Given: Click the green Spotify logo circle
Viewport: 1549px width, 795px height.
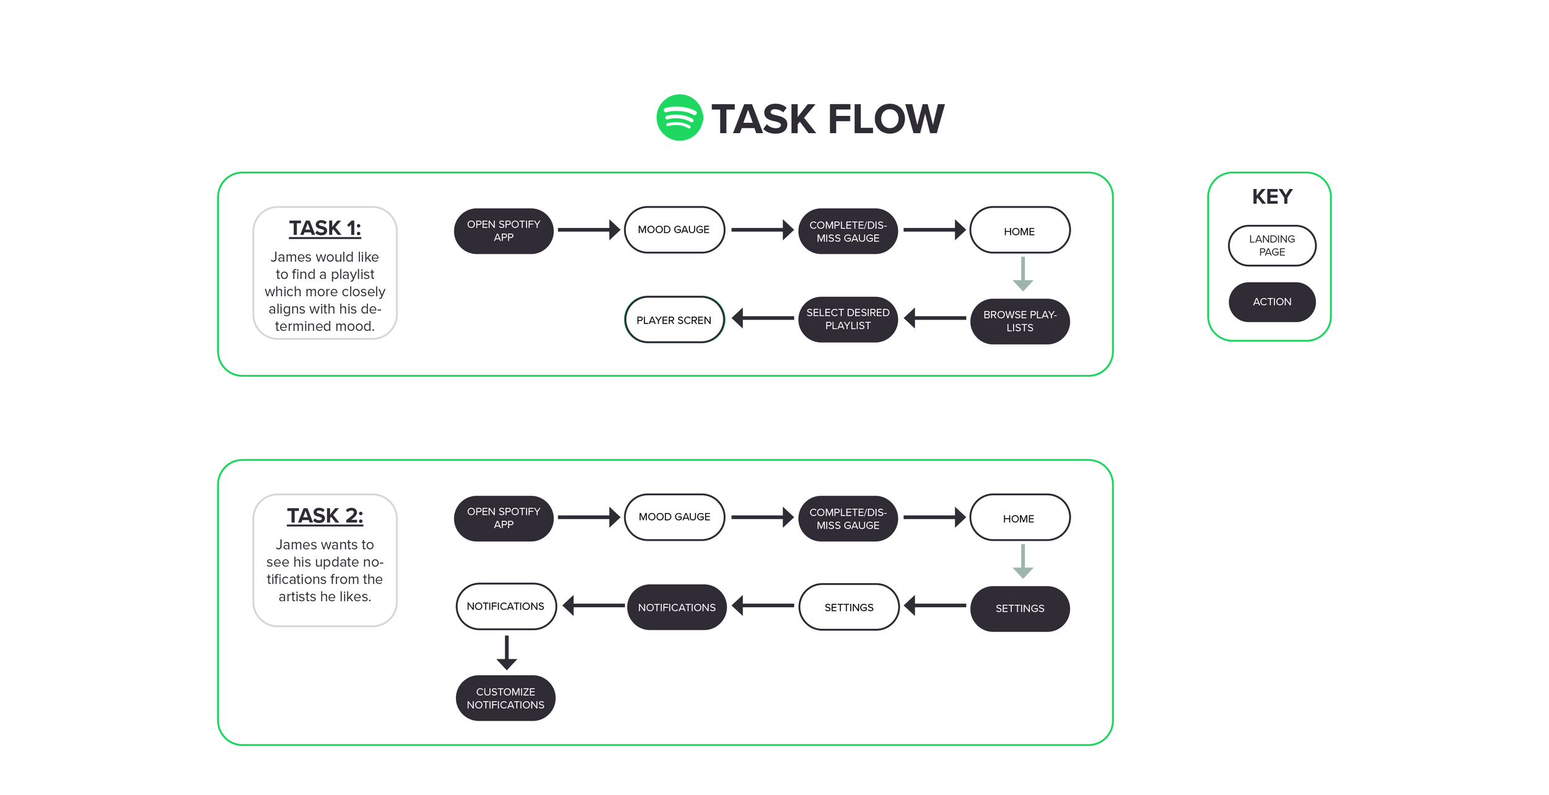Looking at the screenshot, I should click(679, 118).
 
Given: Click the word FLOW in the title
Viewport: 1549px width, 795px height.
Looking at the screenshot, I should click(885, 119).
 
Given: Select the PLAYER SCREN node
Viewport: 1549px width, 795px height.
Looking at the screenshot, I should click(674, 320).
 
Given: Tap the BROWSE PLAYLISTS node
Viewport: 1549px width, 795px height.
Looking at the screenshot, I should click(1019, 321).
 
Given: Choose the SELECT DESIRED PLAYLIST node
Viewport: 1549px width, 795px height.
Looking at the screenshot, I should click(848, 319).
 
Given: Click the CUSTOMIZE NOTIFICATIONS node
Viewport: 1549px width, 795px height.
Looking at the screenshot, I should click(505, 698).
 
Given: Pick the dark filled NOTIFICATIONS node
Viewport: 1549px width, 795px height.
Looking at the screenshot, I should click(677, 607).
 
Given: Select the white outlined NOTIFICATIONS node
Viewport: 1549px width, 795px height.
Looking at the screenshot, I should click(506, 606).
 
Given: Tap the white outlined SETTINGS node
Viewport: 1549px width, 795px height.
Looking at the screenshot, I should click(848, 607).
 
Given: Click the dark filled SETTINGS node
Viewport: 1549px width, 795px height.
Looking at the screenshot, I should click(1019, 608).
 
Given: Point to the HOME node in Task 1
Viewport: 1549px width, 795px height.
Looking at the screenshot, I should click(1019, 231).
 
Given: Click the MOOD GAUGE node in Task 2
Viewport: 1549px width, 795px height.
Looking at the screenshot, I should click(674, 517).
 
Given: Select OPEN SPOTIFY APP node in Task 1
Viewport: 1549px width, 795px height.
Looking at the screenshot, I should click(503, 231).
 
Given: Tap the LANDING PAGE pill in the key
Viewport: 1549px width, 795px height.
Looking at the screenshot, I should click(1271, 245).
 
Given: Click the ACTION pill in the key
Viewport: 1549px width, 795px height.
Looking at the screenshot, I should click(1271, 302).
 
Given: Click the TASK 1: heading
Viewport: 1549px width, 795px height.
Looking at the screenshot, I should click(325, 228).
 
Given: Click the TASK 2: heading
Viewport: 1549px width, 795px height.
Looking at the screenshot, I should click(325, 516).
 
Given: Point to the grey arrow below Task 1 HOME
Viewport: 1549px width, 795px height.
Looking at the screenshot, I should click(1022, 274).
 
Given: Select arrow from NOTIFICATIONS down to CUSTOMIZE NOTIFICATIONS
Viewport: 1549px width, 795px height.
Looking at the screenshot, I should click(506, 652).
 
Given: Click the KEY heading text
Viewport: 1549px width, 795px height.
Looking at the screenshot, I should click(1271, 196).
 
